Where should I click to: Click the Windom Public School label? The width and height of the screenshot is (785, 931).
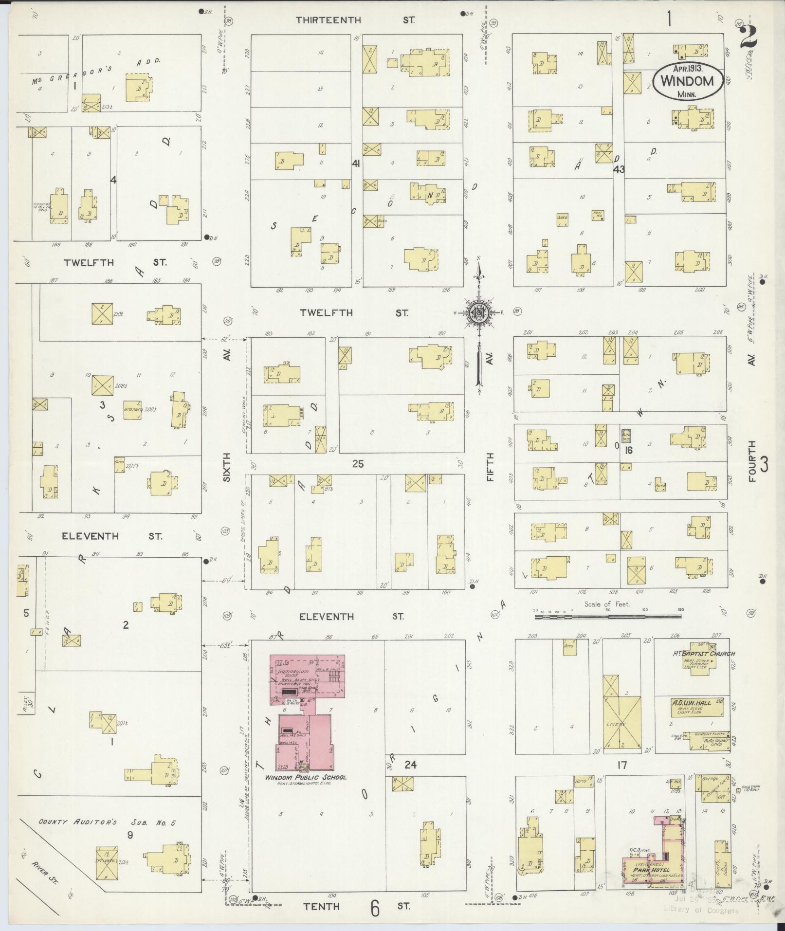coord(306,777)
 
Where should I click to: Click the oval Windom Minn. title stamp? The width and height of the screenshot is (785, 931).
coord(686,81)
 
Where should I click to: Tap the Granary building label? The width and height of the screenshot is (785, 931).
coord(132,409)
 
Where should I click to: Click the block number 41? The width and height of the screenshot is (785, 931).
coord(356,164)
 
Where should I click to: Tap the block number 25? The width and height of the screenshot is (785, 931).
coord(358,464)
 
